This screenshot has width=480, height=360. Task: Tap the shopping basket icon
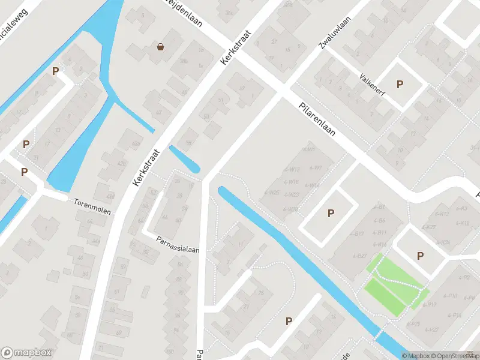(x=161, y=46)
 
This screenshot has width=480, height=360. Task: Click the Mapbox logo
(x=26, y=353)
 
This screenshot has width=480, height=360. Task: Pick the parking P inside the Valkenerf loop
(x=400, y=85)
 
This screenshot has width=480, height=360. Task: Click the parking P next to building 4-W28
(x=330, y=213)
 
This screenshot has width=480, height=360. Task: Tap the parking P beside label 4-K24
(x=420, y=256)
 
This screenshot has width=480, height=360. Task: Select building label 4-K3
(x=462, y=209)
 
